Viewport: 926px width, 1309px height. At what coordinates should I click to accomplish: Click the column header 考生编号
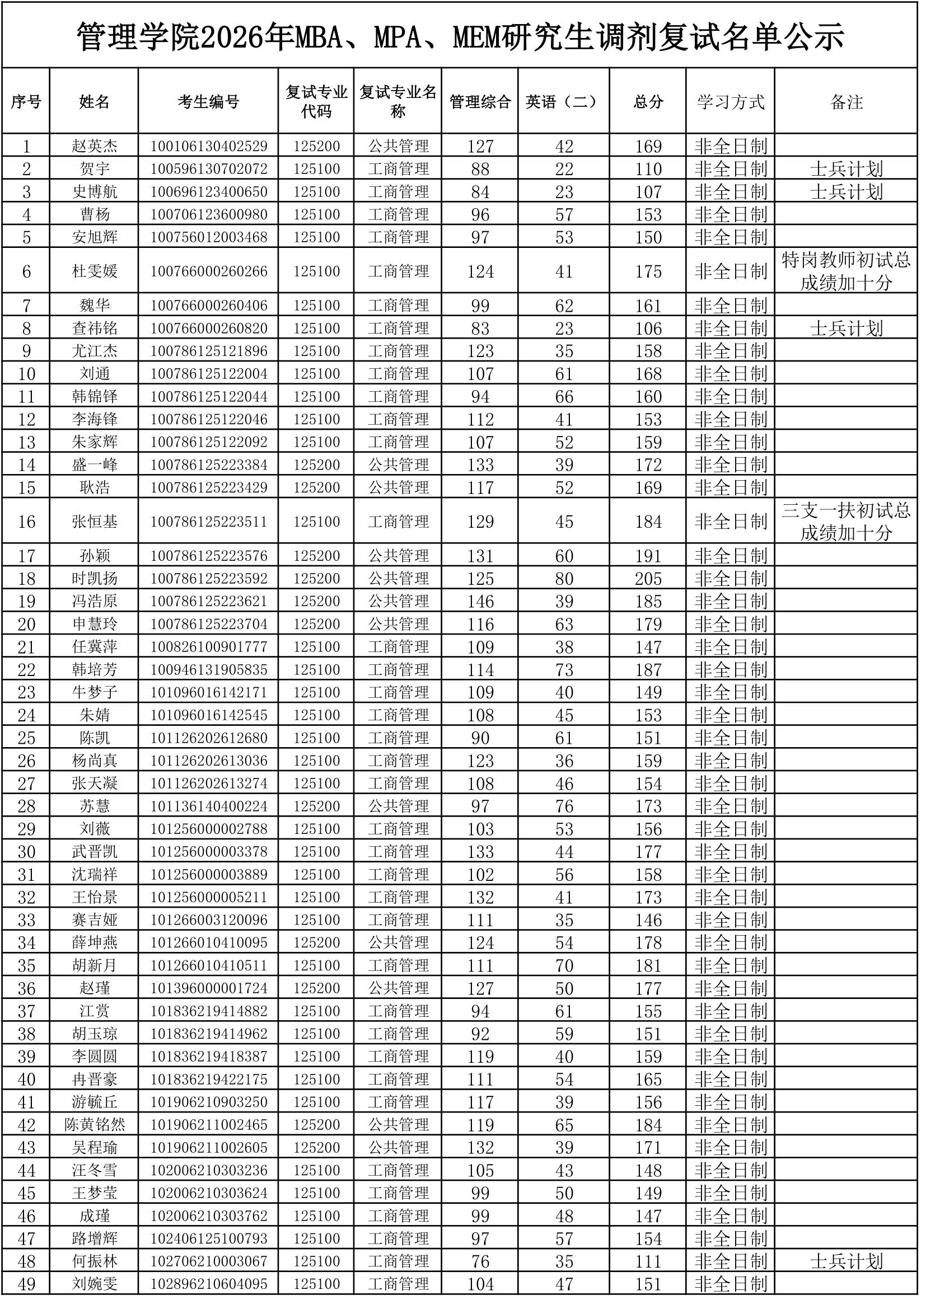tap(208, 102)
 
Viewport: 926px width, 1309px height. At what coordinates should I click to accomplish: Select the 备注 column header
tap(847, 102)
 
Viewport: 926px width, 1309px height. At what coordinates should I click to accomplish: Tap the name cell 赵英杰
tap(95, 146)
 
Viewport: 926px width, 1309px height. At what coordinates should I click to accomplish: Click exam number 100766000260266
tap(209, 271)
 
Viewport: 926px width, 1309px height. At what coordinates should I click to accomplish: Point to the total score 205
tap(648, 579)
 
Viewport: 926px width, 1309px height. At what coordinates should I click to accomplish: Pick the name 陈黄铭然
tap(95, 1125)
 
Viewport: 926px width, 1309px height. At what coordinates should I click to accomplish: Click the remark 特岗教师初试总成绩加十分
tap(847, 271)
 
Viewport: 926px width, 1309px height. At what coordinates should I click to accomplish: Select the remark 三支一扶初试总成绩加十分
tap(847, 522)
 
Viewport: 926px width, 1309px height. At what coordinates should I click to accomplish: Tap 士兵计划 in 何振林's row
tap(847, 1261)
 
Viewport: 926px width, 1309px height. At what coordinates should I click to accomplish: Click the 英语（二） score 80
tap(564, 579)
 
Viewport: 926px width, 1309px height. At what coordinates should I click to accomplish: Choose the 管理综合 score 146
tap(480, 602)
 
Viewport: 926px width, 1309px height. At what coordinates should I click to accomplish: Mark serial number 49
tap(27, 1284)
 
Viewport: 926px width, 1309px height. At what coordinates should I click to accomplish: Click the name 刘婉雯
tap(95, 1284)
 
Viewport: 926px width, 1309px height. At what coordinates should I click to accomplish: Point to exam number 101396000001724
tap(209, 988)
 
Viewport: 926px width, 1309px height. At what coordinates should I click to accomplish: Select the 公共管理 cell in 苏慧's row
tap(398, 806)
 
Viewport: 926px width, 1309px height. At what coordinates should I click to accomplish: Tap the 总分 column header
tap(648, 102)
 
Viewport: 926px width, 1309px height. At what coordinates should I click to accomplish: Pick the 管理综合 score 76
tap(480, 1261)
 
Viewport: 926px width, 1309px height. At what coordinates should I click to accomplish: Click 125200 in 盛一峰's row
tap(316, 465)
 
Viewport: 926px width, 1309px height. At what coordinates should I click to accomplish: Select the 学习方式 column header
tap(731, 102)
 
